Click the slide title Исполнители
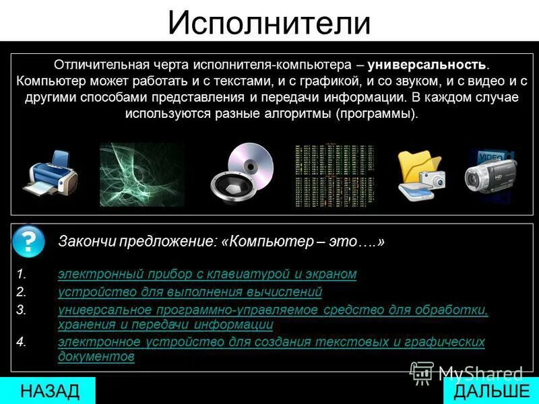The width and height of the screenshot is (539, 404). [269, 22]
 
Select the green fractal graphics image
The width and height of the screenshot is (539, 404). [142, 174]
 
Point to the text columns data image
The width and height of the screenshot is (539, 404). [332, 174]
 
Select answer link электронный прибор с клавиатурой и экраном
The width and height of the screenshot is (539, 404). [207, 274]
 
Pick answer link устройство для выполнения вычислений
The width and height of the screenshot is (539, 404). [190, 292]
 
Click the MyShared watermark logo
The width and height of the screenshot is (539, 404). [468, 372]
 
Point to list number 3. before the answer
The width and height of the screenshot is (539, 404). [22, 310]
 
